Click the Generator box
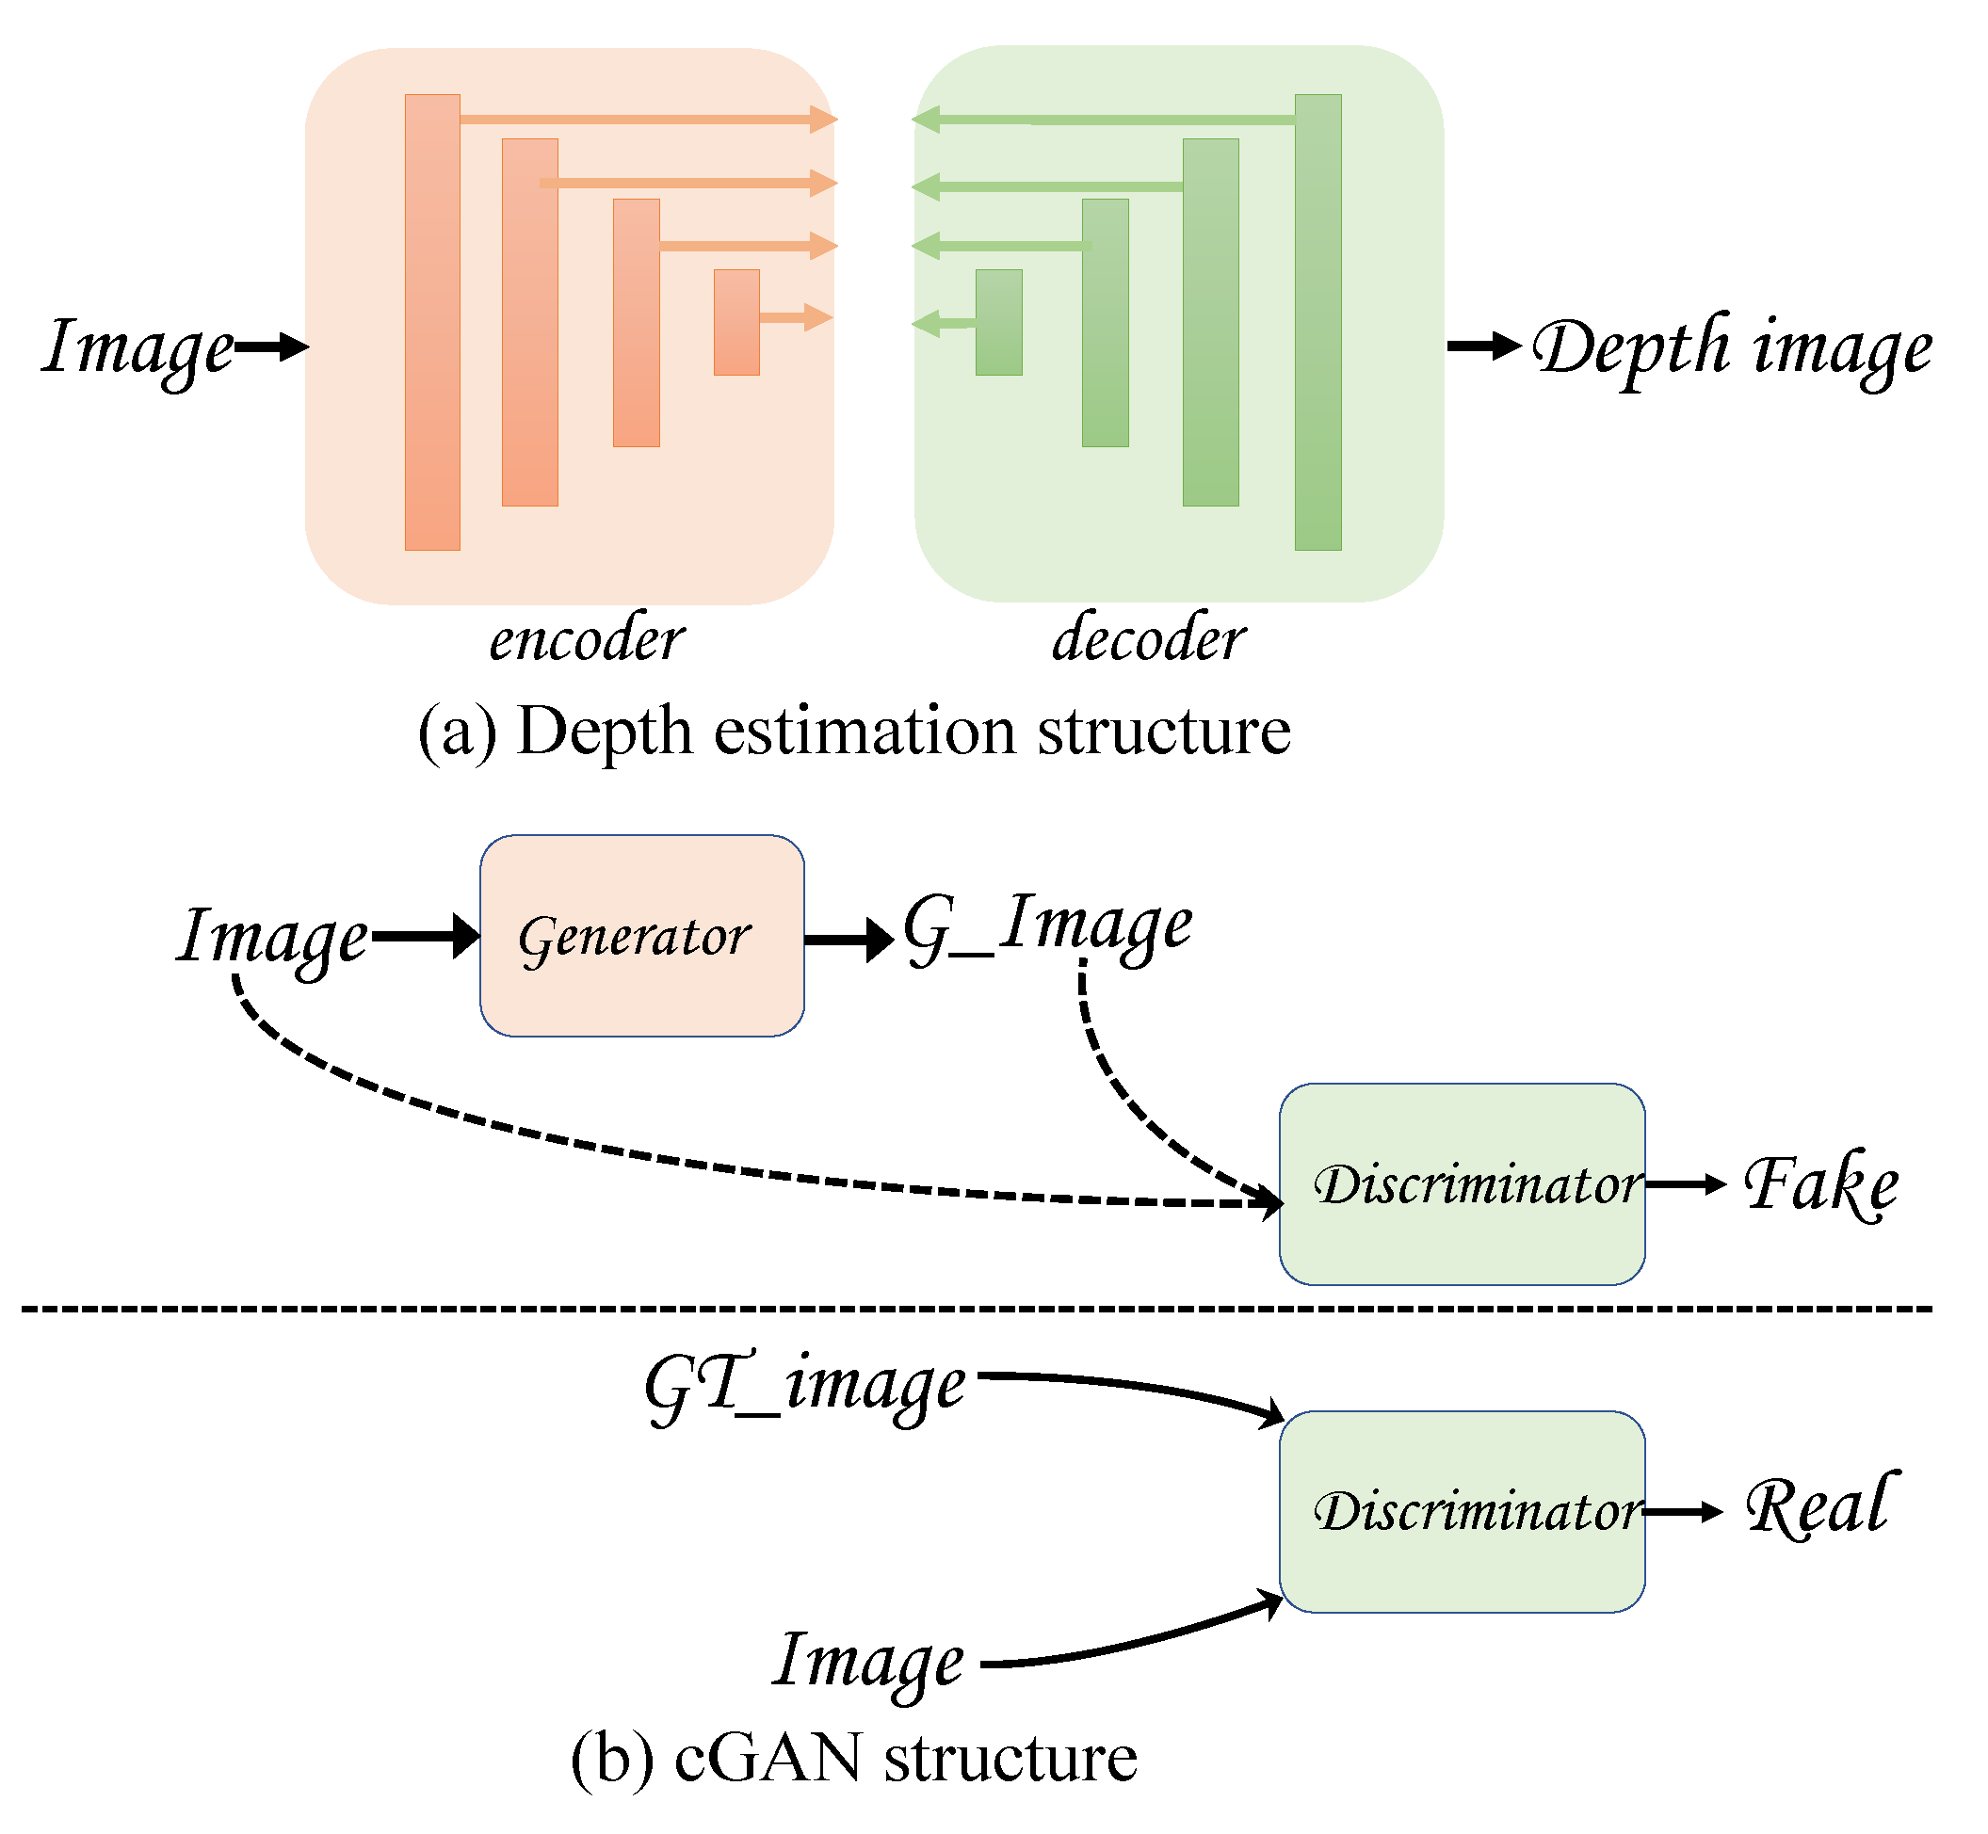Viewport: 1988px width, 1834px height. pos(641,936)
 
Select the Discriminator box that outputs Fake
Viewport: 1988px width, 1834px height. pos(1461,1184)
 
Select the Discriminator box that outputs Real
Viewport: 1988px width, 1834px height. pos(1461,1511)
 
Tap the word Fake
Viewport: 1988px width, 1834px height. pos(1820,1184)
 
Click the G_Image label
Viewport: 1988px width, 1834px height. pos(1046,928)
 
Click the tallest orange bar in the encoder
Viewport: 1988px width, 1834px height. pos(431,323)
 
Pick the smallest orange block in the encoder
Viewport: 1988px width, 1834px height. pos(736,323)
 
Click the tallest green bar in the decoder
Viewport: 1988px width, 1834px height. pos(1317,323)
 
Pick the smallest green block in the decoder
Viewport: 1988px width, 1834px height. pos(998,323)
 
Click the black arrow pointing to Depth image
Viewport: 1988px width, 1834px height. pos(1483,346)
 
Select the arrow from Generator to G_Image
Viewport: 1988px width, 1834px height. pos(849,939)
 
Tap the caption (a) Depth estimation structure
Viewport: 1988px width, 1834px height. pos(853,732)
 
